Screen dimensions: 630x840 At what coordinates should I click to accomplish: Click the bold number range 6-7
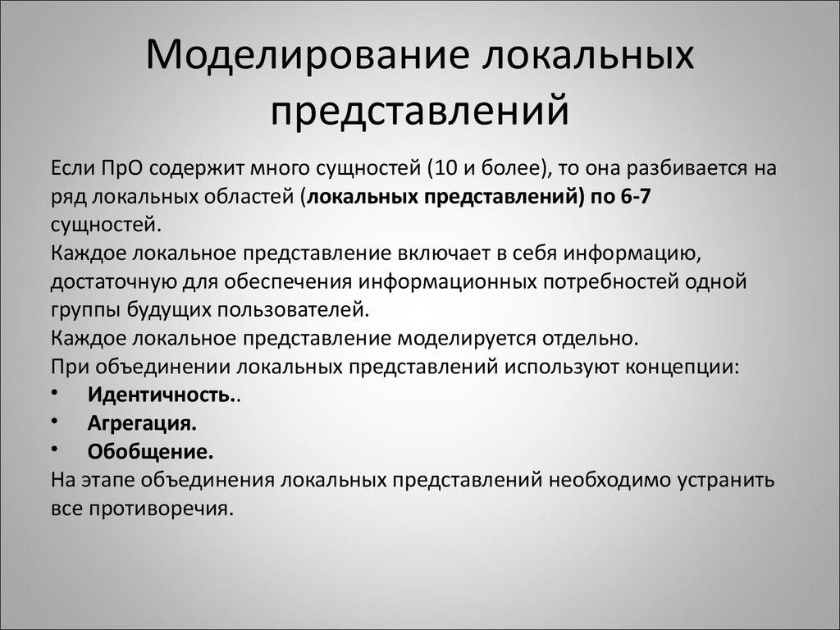[x=628, y=198]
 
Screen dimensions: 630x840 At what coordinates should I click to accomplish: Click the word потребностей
[x=606, y=282]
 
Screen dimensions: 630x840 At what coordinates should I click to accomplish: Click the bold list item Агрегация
[x=142, y=423]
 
